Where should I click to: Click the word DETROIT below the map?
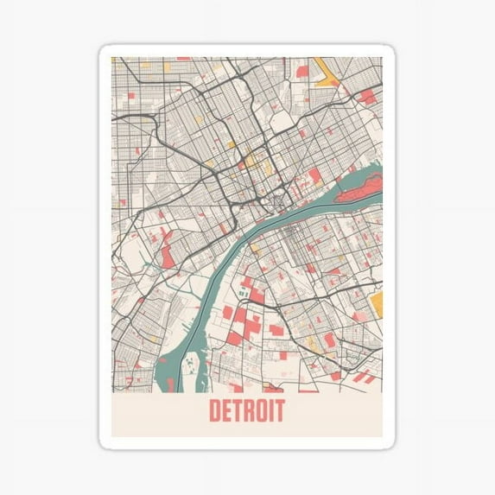pyautogui.click(x=246, y=411)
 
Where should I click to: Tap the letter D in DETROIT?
pyautogui.click(x=214, y=411)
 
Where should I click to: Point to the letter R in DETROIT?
pyautogui.click(x=247, y=411)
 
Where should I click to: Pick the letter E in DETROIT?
pyautogui.click(x=225, y=411)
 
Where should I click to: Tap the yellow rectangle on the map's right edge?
pyautogui.click(x=376, y=302)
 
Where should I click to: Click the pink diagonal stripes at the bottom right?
pyautogui.click(x=363, y=377)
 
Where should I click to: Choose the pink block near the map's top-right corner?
pyautogui.click(x=367, y=96)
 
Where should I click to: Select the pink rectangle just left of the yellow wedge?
pyautogui.click(x=302, y=72)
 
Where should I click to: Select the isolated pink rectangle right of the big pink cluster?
pyautogui.click(x=276, y=329)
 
